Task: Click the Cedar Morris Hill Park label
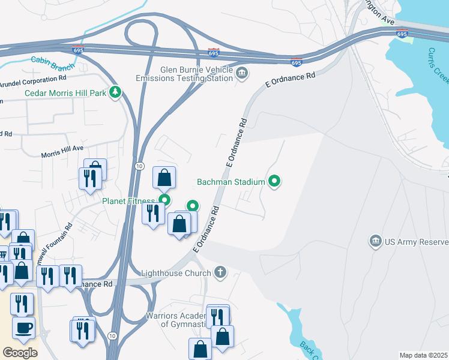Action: click(65, 92)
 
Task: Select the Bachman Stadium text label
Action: click(231, 181)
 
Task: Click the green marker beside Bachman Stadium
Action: click(275, 181)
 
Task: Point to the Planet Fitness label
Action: click(128, 201)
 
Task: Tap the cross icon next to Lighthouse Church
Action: click(220, 273)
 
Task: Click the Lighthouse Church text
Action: click(176, 273)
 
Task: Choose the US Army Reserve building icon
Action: click(376, 242)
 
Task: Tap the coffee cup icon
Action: click(23, 328)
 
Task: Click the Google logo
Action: click(20, 352)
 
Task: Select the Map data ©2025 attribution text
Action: click(423, 355)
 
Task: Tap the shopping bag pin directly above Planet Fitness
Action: click(164, 178)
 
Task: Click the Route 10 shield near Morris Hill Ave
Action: click(139, 166)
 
